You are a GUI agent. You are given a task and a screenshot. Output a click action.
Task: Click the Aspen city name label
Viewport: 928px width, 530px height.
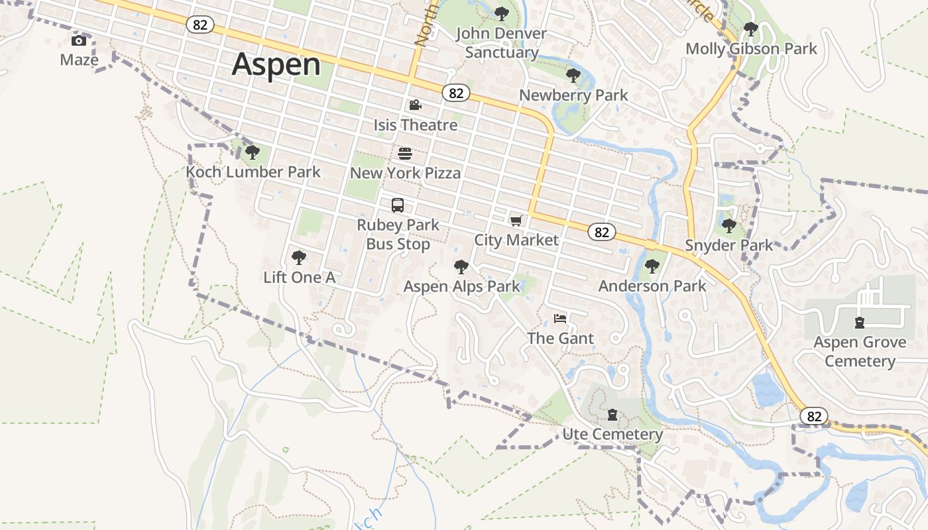coord(276,64)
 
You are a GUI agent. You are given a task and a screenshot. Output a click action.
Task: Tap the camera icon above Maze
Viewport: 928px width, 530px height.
coord(79,41)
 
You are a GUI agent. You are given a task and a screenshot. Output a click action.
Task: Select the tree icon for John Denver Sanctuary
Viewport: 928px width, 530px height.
coord(502,13)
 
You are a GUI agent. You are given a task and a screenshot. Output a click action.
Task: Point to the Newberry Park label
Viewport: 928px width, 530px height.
coord(573,95)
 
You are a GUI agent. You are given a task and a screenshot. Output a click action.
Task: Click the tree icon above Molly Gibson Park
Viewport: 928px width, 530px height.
coord(751,29)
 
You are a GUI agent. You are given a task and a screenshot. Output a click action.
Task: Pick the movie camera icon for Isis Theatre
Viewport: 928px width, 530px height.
coord(415,105)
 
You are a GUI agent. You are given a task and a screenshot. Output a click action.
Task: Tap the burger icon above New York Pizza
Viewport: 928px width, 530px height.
coord(405,154)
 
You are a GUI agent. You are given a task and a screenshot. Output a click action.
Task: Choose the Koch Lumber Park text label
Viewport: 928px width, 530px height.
coord(253,172)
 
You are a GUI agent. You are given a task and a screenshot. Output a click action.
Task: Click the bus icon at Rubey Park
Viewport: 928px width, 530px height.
coord(398,205)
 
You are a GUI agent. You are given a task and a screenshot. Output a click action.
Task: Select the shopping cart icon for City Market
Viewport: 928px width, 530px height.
coord(516,221)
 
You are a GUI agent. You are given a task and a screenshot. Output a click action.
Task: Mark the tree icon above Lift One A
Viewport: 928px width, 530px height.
coord(299,257)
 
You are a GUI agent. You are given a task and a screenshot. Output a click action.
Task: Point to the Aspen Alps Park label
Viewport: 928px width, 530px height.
coord(462,287)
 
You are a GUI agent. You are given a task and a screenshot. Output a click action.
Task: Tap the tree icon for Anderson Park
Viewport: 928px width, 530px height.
coord(652,266)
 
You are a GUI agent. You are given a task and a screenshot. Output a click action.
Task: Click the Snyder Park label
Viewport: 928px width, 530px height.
coord(729,246)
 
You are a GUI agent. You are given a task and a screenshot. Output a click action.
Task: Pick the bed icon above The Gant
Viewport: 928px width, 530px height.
coord(560,319)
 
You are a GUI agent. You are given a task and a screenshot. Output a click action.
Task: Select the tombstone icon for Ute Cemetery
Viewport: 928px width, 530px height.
coord(612,415)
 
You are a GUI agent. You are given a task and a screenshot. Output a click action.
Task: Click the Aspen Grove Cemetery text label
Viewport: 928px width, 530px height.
coord(860,352)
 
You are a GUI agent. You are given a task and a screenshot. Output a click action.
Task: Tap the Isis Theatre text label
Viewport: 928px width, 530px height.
coord(416,125)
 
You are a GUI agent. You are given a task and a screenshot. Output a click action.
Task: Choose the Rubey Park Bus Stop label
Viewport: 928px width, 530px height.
coord(398,235)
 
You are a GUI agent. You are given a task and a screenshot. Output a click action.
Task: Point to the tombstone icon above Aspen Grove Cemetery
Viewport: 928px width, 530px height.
coord(860,323)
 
